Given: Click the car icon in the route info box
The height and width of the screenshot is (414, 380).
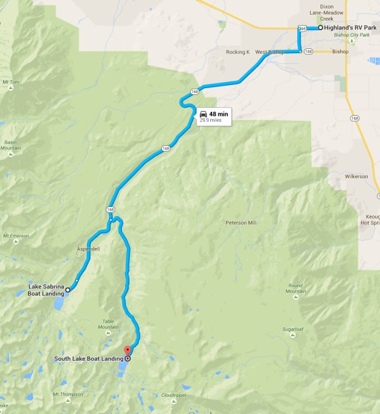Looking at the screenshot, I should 202,114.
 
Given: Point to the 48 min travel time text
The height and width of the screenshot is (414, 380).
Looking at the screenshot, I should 218,114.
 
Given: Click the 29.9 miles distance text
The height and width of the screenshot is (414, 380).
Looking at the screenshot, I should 210,121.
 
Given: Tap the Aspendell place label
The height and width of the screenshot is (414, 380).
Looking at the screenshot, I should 88,250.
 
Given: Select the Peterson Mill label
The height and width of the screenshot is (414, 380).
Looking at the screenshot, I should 241,222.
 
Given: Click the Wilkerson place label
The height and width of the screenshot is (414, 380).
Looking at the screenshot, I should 355,176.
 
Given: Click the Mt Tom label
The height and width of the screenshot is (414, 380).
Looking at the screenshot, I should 12,82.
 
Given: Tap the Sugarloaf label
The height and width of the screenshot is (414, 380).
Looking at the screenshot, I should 294,329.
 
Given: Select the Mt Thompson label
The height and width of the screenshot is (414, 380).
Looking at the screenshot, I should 67,394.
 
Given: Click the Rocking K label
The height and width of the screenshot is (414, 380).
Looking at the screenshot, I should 238,52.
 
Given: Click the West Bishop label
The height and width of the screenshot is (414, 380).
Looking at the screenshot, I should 270,52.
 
